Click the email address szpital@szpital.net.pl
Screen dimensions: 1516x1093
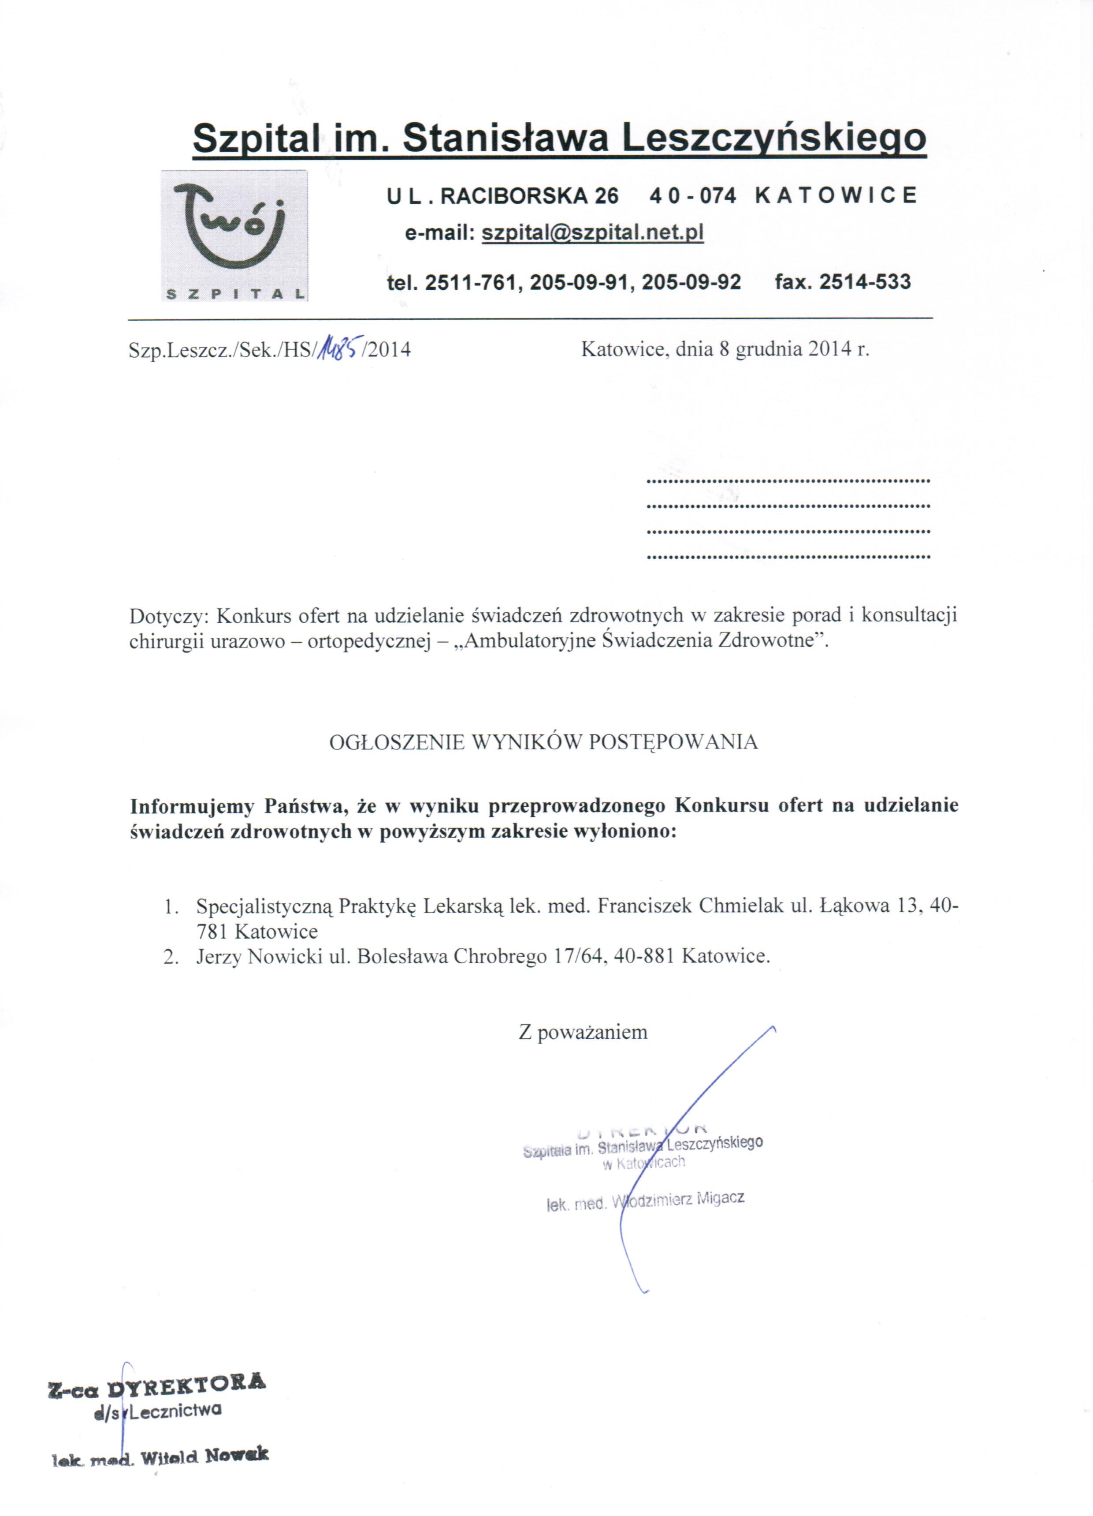(593, 232)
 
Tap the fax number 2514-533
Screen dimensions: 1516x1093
(865, 281)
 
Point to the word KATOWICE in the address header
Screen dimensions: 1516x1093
(836, 195)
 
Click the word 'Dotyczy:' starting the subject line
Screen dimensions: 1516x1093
(170, 614)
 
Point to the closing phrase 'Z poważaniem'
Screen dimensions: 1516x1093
(583, 1032)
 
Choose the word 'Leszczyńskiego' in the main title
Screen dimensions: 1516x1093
(773, 138)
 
